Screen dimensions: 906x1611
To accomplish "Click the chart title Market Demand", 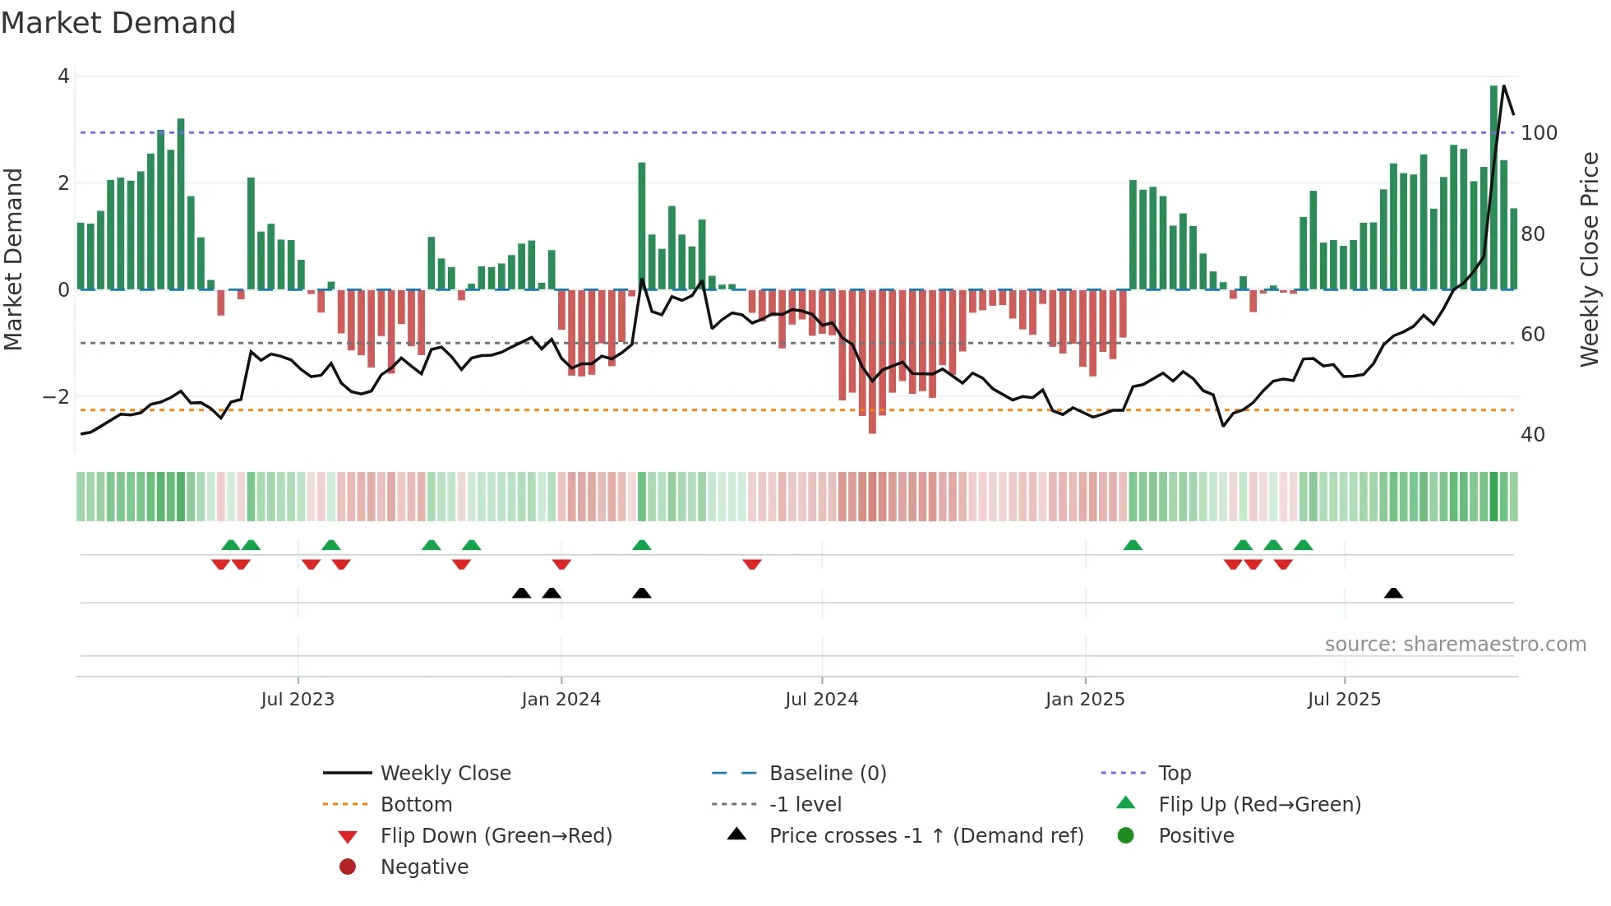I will coord(118,23).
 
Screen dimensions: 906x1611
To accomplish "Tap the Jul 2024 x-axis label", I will coord(821,699).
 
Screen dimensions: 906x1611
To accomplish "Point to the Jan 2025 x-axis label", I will coord(1084,699).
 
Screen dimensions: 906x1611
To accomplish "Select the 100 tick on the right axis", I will coord(1539,133).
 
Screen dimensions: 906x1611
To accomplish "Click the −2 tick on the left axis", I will coord(57,397).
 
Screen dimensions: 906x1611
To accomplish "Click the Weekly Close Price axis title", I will coord(1590,259).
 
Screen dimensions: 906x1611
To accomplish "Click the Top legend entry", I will coord(1174,773).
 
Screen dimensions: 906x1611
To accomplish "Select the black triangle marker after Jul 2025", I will coord(1393,593).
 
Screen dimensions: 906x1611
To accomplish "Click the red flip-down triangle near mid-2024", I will coord(752,564).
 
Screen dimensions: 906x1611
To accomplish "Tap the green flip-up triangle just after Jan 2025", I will coord(1133,545).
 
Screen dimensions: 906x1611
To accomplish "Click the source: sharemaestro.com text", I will coord(1455,645).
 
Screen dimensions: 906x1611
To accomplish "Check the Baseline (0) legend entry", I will coord(827,773).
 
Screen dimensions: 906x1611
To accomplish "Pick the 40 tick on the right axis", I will coord(1532,435).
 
